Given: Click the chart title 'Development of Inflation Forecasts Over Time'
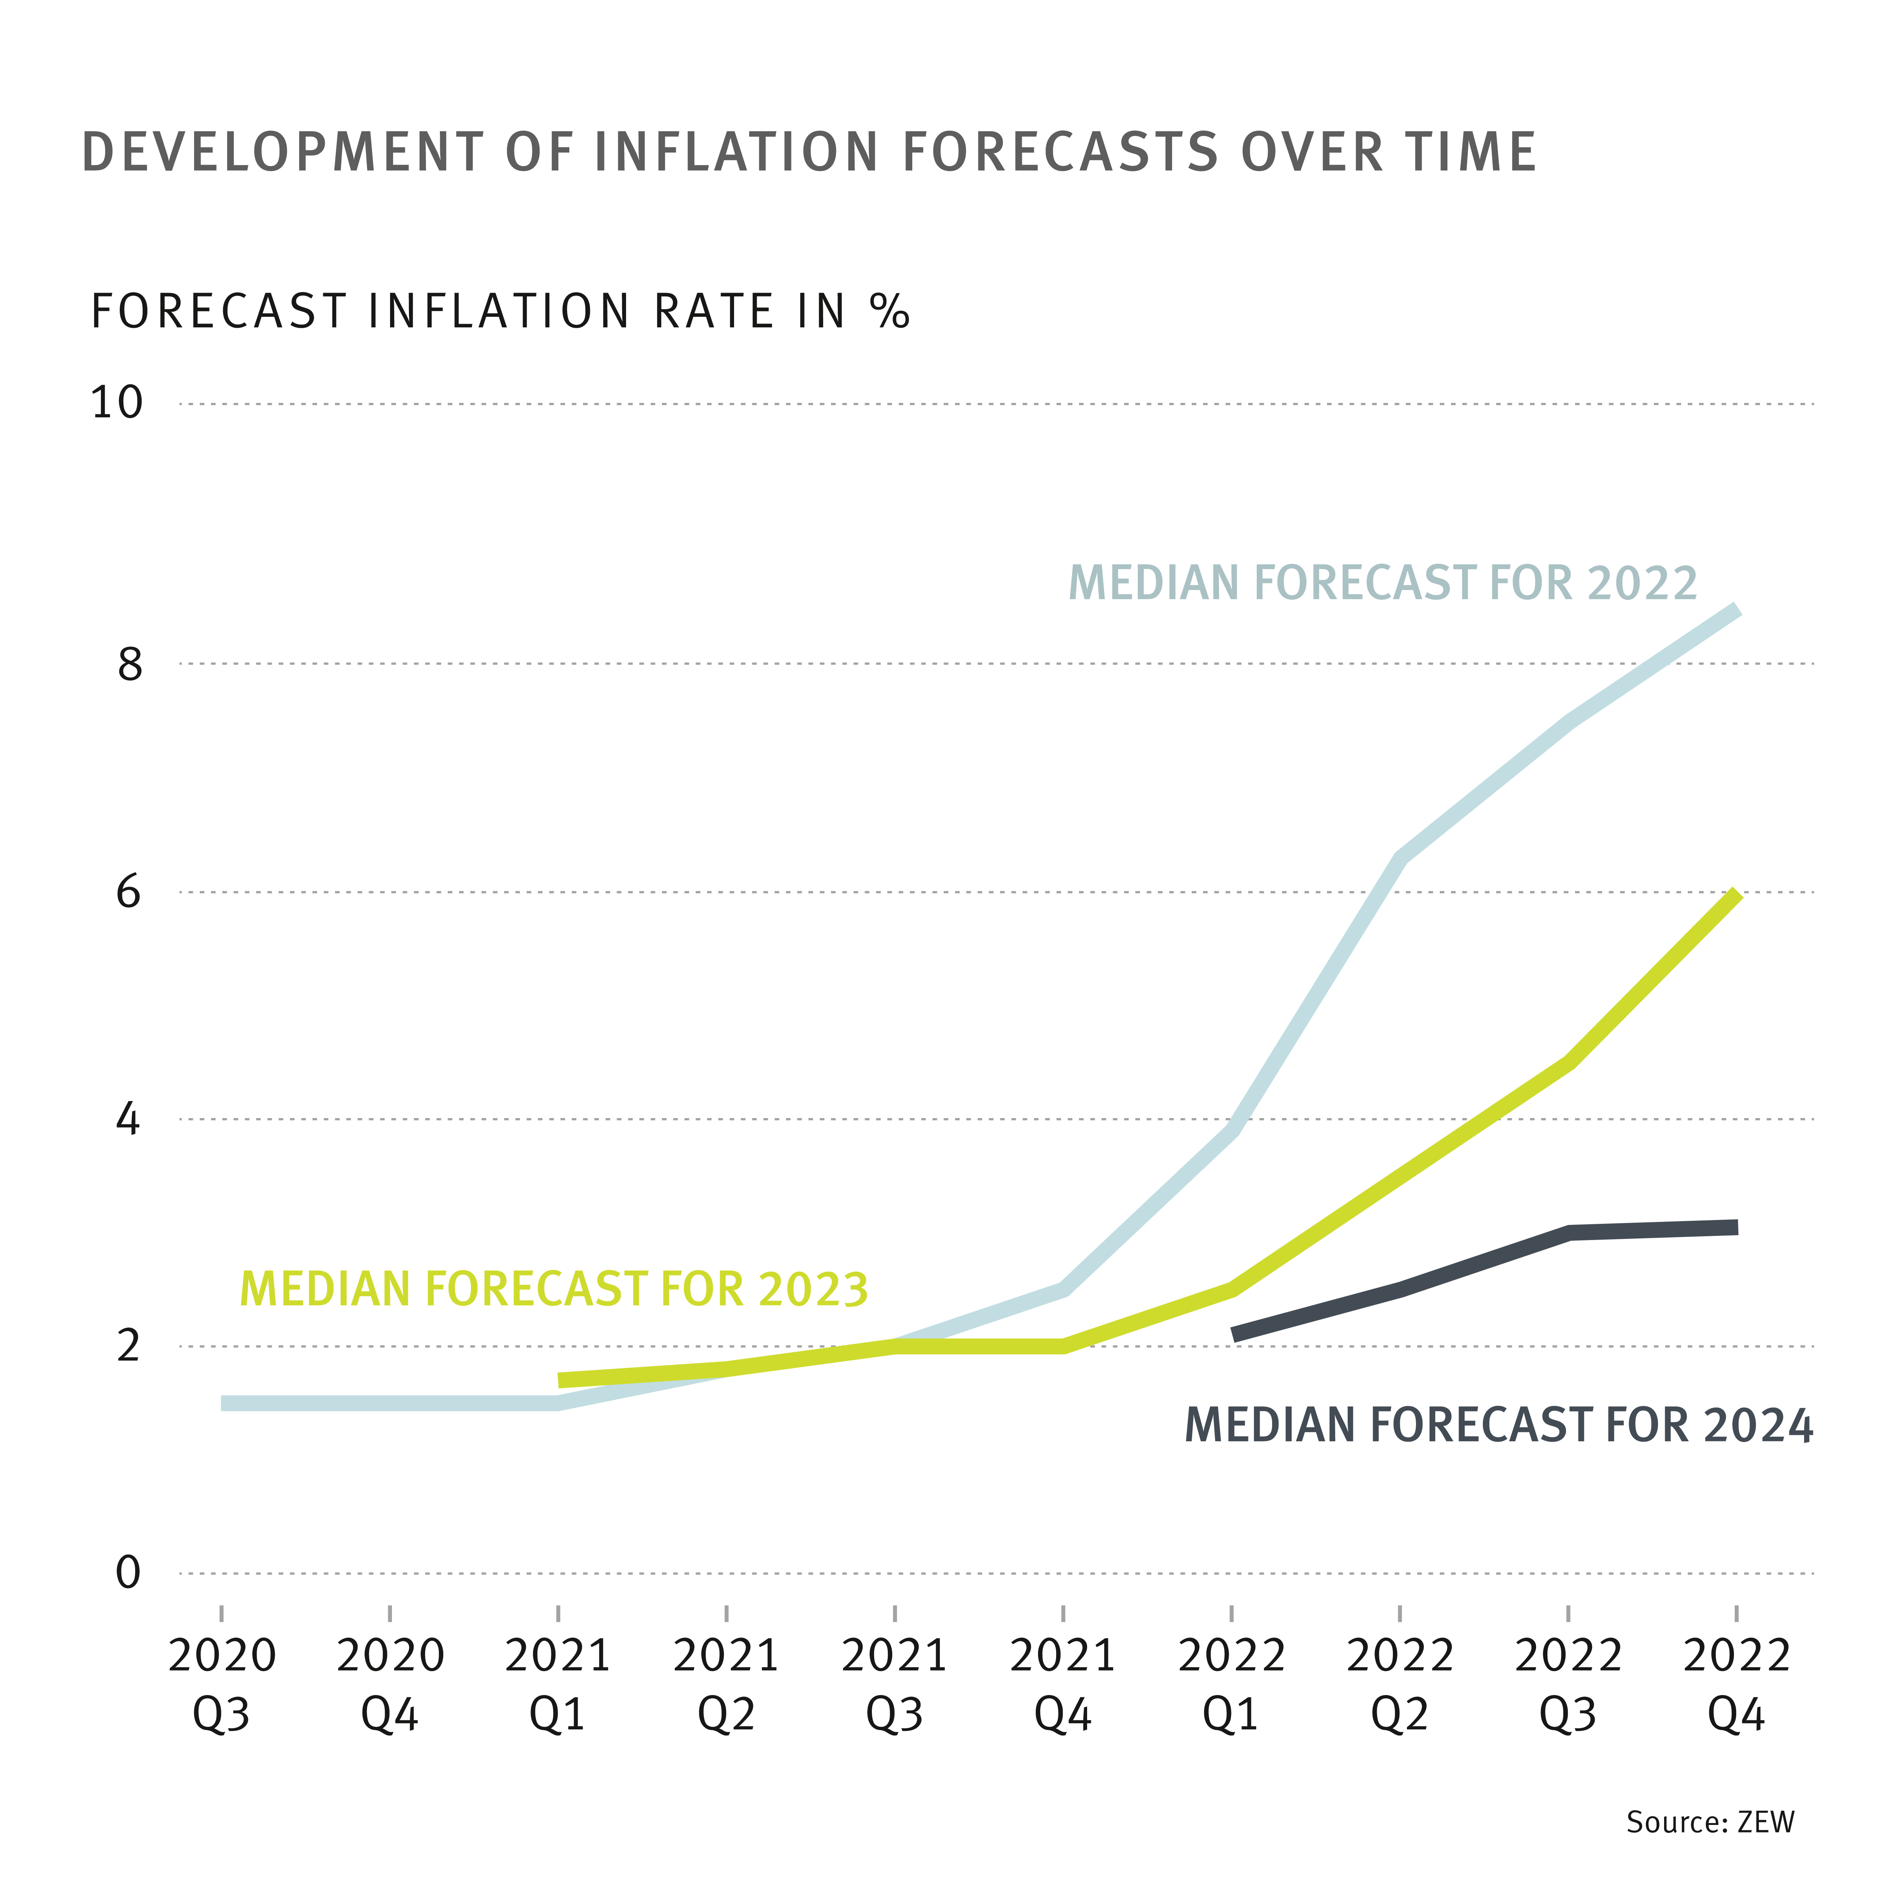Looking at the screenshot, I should coord(809,153).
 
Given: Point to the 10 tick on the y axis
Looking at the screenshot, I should coord(116,403).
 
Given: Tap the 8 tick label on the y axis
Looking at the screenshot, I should coord(129,665).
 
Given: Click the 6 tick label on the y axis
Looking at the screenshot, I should coord(129,892).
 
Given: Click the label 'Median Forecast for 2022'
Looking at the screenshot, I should coord(1383,583).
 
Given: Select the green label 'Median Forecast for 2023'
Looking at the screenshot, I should coord(554,1289).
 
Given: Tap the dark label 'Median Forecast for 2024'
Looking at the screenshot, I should coord(1498,1426).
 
